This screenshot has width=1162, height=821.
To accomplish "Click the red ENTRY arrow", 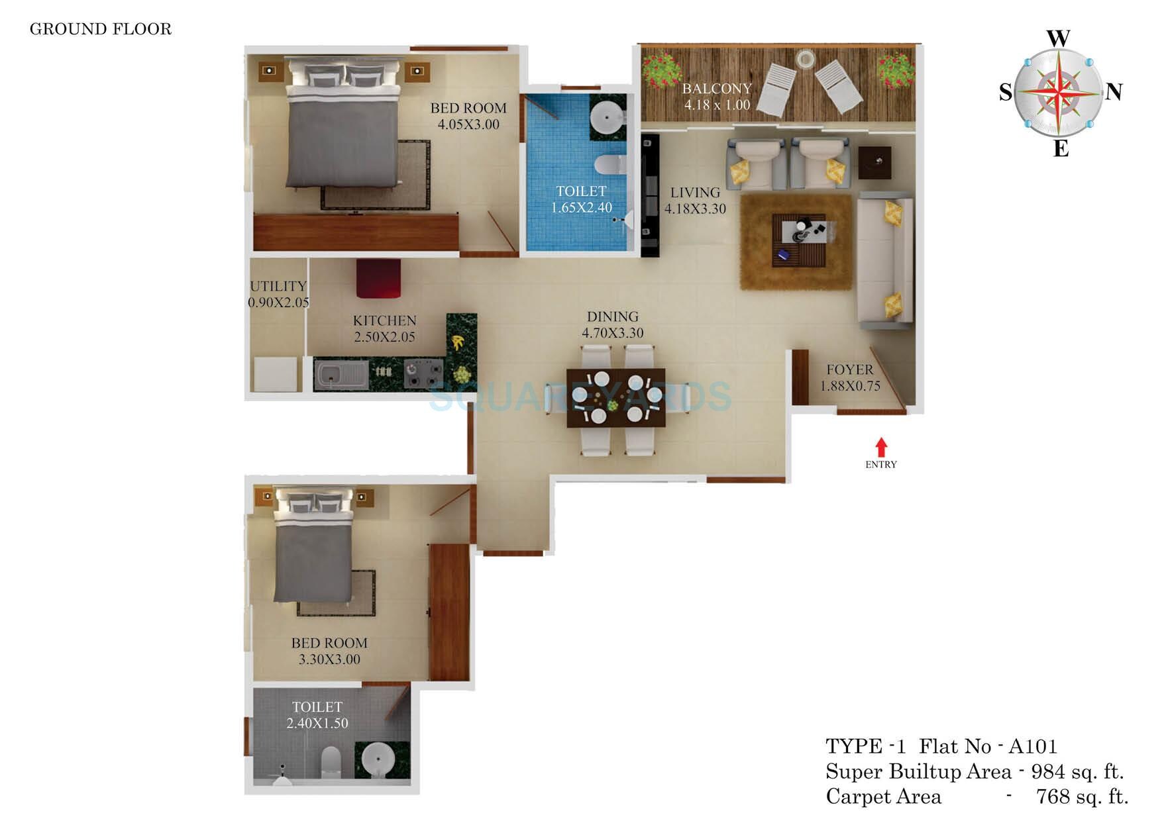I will [881, 447].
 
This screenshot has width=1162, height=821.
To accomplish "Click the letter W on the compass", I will [1059, 39].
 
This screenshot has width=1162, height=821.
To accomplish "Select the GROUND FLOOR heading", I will [101, 29].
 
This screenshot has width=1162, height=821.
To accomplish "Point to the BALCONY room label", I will [717, 89].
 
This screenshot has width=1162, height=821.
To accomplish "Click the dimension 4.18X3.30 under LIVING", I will [695, 209].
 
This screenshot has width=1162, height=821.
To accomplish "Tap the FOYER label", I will [849, 370].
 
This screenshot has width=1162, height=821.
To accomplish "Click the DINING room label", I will [613, 317].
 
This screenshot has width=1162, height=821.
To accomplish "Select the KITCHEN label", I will [384, 321].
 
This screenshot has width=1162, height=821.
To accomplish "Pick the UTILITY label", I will [278, 287].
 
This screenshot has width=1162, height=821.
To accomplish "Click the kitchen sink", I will [339, 375].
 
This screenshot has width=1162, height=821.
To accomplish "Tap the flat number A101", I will [1033, 747].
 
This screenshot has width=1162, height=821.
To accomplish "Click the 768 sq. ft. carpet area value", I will [1082, 797].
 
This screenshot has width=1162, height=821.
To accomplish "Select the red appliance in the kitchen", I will [378, 278].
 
